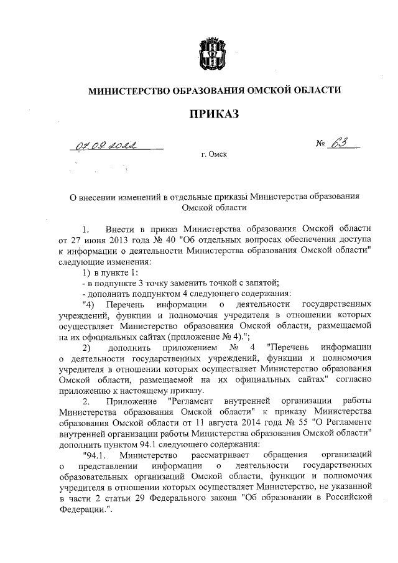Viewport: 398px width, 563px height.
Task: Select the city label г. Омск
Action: [213, 154]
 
